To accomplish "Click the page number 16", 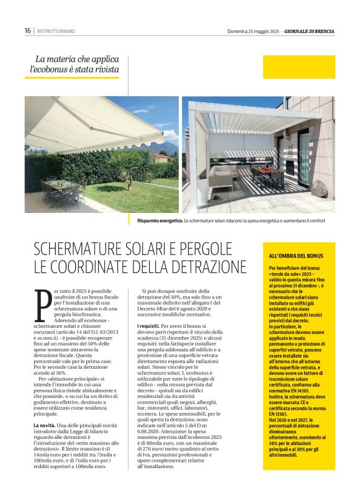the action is [28, 30].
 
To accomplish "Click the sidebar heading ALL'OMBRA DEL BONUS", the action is [295, 256].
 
